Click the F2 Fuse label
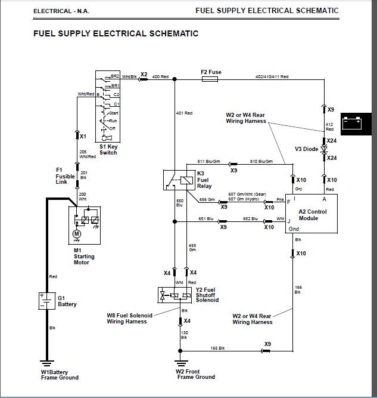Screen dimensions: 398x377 point(211,72)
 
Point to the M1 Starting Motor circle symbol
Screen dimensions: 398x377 point(76,233)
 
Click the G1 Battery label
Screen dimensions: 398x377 point(67,301)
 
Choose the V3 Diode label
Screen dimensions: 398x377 point(306,149)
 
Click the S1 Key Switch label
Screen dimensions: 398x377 point(108,149)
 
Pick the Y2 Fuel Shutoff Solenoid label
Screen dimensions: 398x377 point(207,295)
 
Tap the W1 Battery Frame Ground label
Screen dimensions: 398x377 point(60,375)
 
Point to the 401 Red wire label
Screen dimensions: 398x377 point(185,113)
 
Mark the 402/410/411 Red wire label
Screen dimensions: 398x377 point(272,77)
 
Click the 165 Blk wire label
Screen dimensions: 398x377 point(218,348)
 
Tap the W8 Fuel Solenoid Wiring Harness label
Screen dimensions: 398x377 point(130,319)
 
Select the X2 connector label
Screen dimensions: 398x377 point(144,73)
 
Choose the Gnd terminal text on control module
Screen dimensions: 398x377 point(294,229)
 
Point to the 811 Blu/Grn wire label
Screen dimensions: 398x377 point(209,161)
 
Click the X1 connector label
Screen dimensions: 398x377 point(83,136)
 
